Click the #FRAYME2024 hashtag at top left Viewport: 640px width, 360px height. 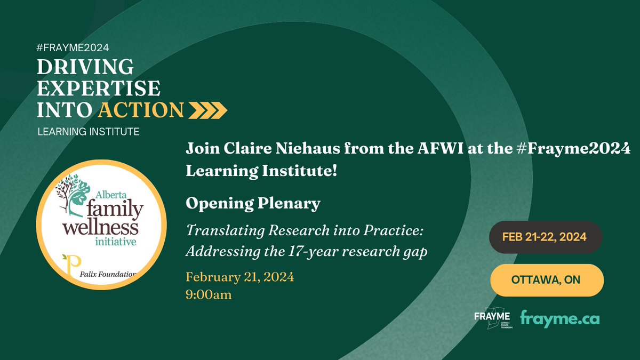(x=73, y=47)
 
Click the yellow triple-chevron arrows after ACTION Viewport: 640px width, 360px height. (x=209, y=110)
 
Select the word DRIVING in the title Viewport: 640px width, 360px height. (x=85, y=67)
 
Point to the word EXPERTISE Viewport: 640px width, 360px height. (x=99, y=89)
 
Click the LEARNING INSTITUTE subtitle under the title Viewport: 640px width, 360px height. (x=88, y=131)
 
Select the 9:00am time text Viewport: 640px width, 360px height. (x=209, y=294)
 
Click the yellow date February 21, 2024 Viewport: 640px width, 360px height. (x=239, y=277)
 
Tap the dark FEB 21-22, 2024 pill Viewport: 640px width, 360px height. (x=547, y=237)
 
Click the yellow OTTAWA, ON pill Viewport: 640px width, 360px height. (x=547, y=279)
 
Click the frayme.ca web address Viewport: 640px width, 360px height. (x=559, y=318)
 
